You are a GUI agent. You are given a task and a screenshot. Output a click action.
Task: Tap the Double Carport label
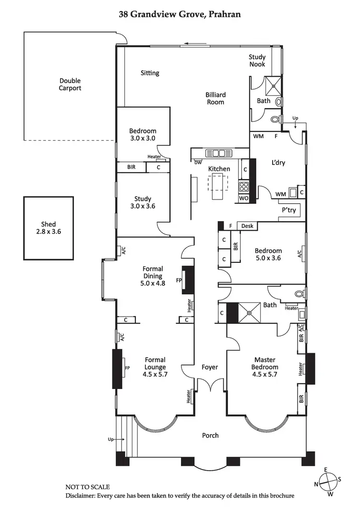(x=70, y=84)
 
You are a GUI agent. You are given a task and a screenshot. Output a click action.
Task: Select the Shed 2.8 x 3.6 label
(x=48, y=228)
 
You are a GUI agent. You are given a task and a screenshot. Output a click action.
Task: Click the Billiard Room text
(x=216, y=98)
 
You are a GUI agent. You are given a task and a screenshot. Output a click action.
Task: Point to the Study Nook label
(x=257, y=60)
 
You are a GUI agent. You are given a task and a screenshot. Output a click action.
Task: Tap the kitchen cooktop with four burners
(x=243, y=187)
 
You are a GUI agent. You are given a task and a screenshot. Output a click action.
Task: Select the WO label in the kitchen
(x=243, y=198)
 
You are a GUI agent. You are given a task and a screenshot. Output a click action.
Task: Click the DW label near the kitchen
(x=198, y=162)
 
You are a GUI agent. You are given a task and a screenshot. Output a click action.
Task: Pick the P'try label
(x=288, y=210)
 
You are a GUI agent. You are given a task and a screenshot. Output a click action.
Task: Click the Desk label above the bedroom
(x=247, y=226)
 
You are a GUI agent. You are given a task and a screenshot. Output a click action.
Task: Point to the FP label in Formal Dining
(x=179, y=280)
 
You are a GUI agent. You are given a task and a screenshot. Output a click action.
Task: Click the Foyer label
(x=210, y=367)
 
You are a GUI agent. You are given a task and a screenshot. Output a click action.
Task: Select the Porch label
(x=210, y=435)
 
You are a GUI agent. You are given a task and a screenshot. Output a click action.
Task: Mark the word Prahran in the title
(x=223, y=15)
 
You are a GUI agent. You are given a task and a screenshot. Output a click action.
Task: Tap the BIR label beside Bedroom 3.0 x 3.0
(x=131, y=167)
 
